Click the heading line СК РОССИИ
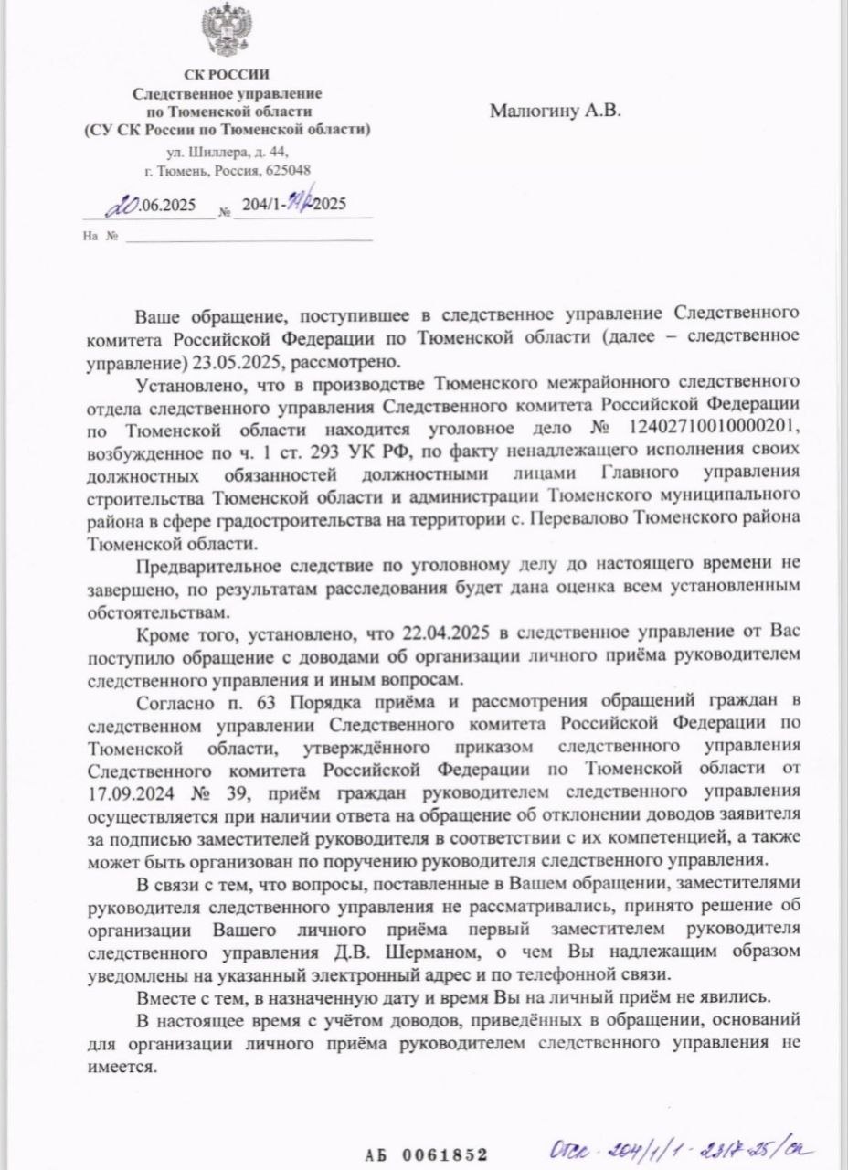[x=228, y=74]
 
